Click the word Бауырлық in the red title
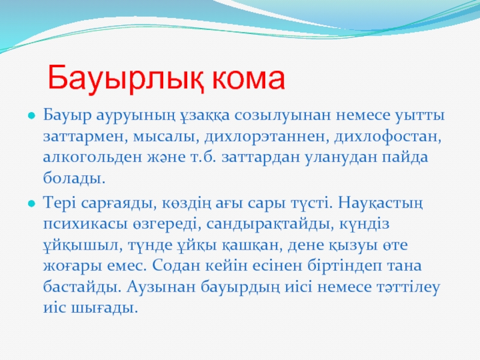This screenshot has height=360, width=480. [x=125, y=79]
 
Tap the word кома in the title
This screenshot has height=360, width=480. [x=248, y=79]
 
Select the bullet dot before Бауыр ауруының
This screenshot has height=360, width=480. [x=32, y=116]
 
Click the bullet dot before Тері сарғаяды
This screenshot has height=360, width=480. [x=32, y=203]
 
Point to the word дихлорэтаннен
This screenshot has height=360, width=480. [x=266, y=137]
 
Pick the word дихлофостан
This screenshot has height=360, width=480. [x=388, y=137]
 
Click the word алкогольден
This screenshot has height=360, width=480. [x=92, y=157]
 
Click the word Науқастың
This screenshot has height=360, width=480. [x=380, y=203]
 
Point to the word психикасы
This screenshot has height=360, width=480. [x=85, y=224]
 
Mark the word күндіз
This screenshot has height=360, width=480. [x=364, y=224]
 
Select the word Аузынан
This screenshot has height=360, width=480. [x=161, y=287]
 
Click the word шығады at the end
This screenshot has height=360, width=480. [x=104, y=308]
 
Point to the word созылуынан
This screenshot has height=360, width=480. [x=283, y=116]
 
